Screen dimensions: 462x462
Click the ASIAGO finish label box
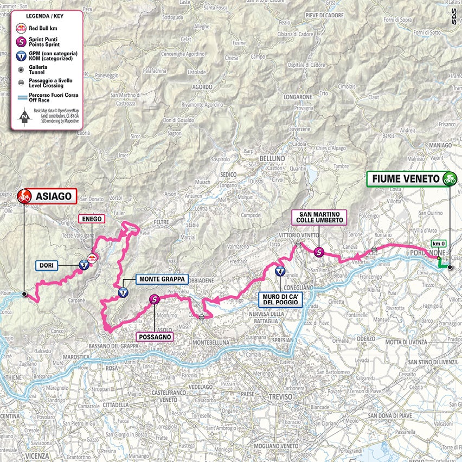(53, 196)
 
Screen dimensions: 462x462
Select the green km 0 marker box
(438, 245)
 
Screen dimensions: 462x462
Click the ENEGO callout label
(91, 219)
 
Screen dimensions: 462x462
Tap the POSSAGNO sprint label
(155, 337)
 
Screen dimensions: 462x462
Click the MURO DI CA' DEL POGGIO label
(280, 300)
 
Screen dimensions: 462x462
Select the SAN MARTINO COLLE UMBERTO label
(319, 217)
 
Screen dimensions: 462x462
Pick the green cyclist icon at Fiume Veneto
(449, 179)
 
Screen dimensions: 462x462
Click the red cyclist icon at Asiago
(24, 196)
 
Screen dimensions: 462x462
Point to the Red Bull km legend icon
(21, 27)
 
